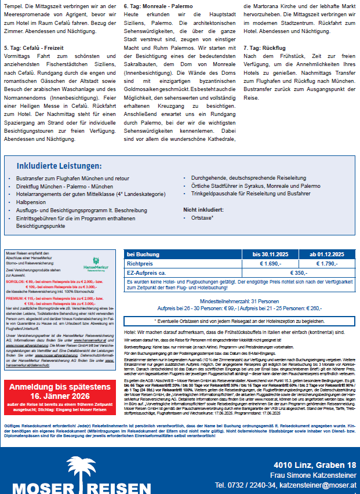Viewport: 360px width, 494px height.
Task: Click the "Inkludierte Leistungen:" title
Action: tap(59, 166)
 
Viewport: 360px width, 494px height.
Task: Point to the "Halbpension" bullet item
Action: tap(32, 202)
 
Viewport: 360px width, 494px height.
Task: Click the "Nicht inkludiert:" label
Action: tap(203, 209)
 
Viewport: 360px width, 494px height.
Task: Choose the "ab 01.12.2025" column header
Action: tap(326, 254)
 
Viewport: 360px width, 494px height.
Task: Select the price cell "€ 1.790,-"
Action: tap(326, 263)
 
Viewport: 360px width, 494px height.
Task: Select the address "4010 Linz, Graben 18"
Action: tap(315, 466)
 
